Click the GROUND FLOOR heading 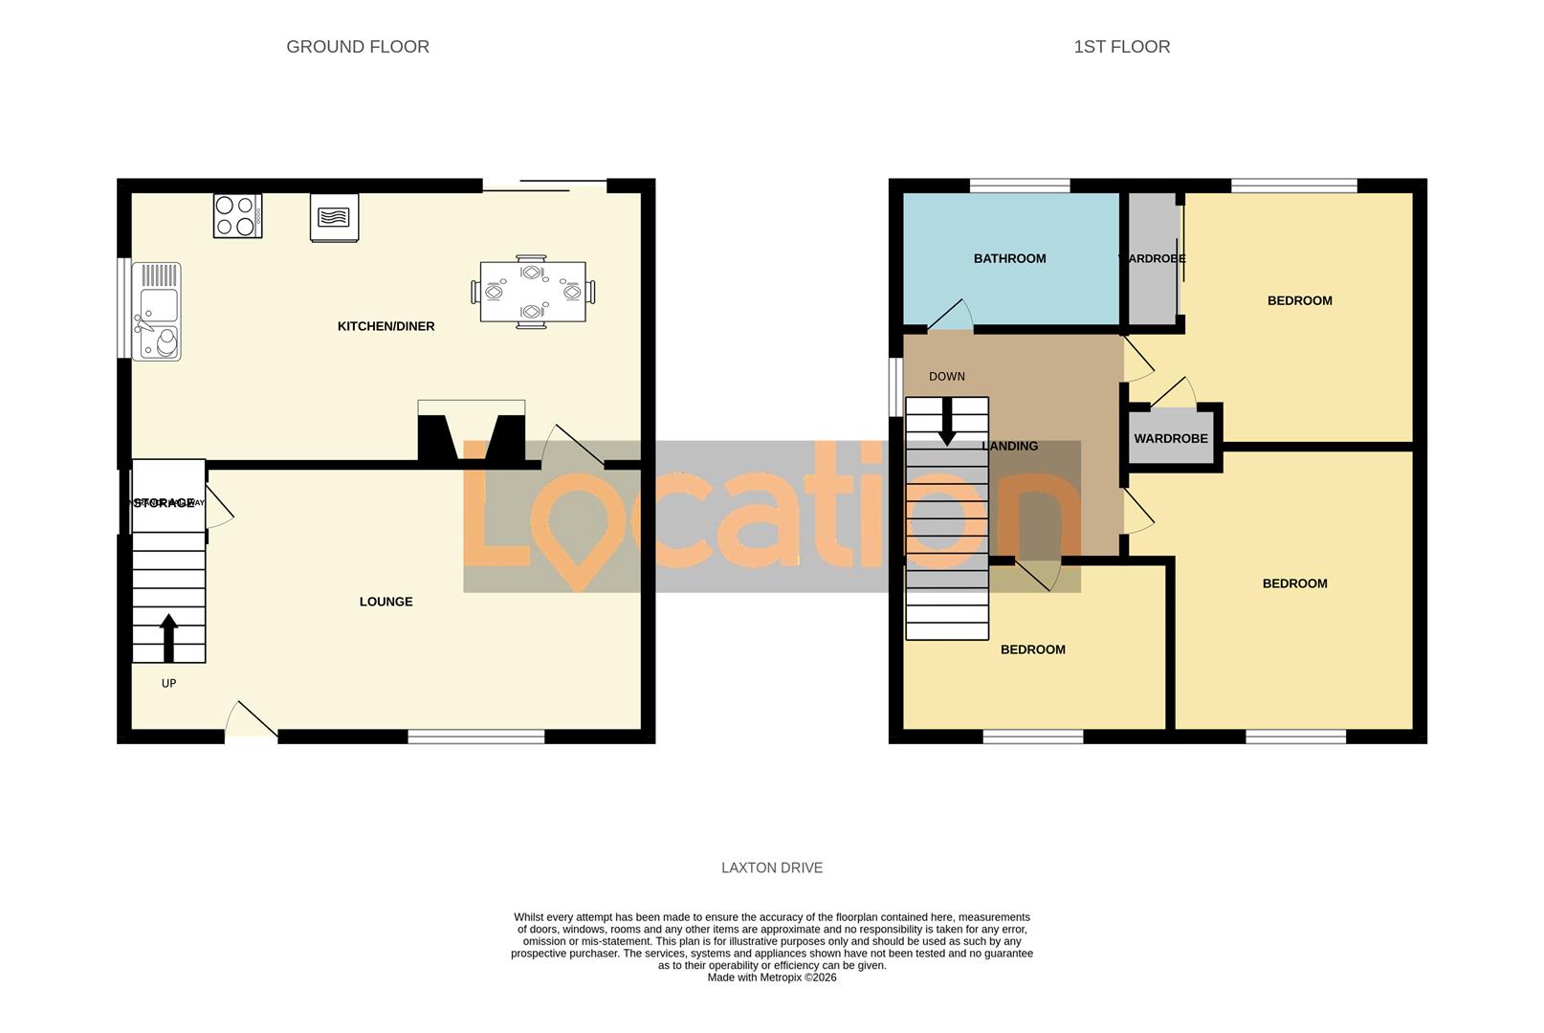click(358, 47)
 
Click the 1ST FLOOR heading click(1121, 47)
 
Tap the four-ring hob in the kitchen click(237, 215)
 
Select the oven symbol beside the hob click(335, 217)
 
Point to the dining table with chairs click(533, 291)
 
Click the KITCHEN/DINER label click(386, 326)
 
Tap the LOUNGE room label click(386, 602)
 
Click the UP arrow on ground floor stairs click(168, 637)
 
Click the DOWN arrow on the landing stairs click(947, 422)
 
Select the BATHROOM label click(1009, 258)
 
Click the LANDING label click(1010, 446)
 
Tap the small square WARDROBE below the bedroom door click(1171, 438)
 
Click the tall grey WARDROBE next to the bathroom click(1152, 259)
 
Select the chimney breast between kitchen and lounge click(472, 436)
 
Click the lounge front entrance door click(252, 722)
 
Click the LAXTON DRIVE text click(771, 868)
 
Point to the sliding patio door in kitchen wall click(544, 186)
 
